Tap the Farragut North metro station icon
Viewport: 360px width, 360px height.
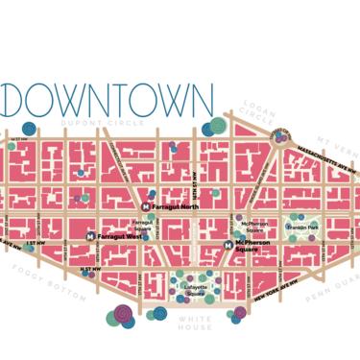tap(146, 205)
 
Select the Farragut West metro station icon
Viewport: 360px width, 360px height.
tap(91, 235)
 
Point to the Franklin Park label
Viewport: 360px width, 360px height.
tap(304, 227)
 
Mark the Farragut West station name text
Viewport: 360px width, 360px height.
tap(120, 235)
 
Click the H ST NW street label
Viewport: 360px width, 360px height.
tap(89, 270)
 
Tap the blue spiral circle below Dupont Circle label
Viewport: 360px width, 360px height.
tap(29, 128)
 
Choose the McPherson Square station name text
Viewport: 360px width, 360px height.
tap(257, 245)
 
